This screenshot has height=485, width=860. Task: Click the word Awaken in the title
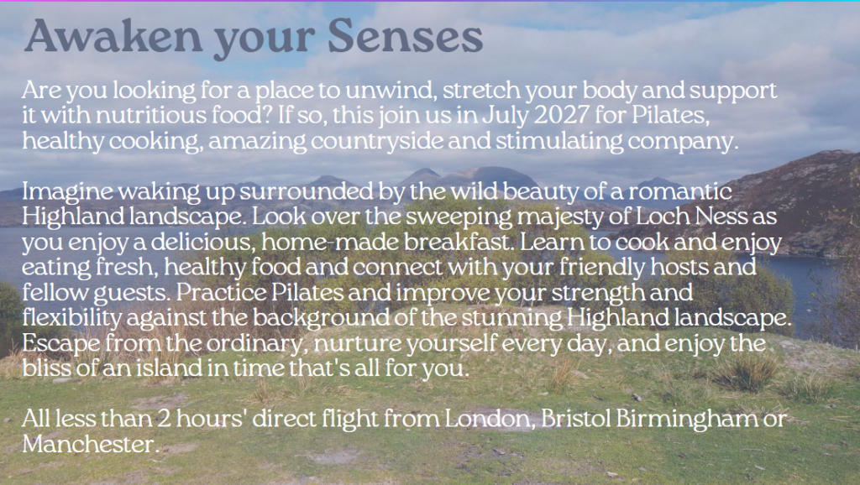pos(113,36)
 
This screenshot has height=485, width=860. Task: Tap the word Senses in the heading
pos(406,36)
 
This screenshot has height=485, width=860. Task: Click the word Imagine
pos(67,192)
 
